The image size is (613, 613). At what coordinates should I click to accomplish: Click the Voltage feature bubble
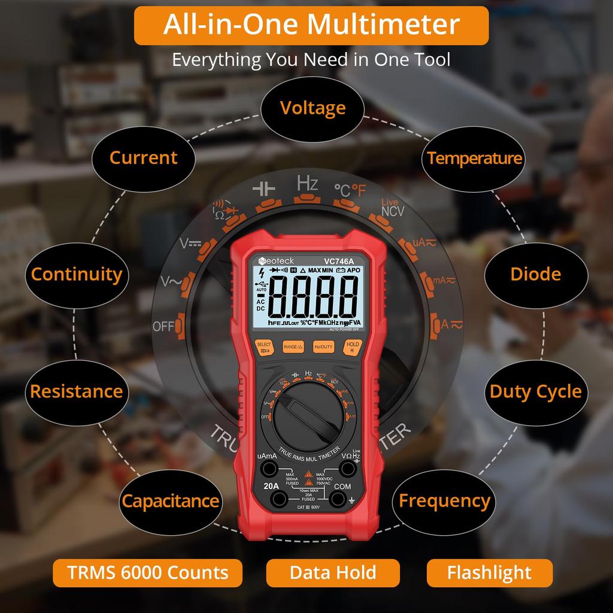coord(312,108)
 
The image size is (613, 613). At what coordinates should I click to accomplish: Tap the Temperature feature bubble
coord(474,158)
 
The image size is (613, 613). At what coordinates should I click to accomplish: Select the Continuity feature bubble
coord(76,274)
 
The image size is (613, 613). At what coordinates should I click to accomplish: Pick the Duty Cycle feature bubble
coord(535,392)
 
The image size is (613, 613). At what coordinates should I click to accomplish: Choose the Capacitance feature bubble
coord(170,500)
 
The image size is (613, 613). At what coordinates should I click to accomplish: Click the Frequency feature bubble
coord(444,500)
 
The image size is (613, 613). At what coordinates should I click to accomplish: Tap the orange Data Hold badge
coord(333,572)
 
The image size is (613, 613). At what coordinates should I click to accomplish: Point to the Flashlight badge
coord(489,572)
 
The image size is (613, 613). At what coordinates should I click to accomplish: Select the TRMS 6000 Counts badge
coord(148,572)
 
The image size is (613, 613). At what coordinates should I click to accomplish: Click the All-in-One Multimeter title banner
coord(311,25)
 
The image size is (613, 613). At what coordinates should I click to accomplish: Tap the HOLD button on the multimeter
coord(353,347)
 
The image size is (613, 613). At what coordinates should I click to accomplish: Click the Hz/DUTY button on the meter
coord(323,347)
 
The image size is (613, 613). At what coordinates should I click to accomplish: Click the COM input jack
coord(340,499)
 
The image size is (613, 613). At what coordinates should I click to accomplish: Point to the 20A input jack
coord(277,499)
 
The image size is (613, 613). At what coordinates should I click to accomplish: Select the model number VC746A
coord(338,261)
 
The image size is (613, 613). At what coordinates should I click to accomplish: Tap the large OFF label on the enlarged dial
coord(163,326)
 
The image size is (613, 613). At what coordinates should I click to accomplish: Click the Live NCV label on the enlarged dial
coord(392,208)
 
